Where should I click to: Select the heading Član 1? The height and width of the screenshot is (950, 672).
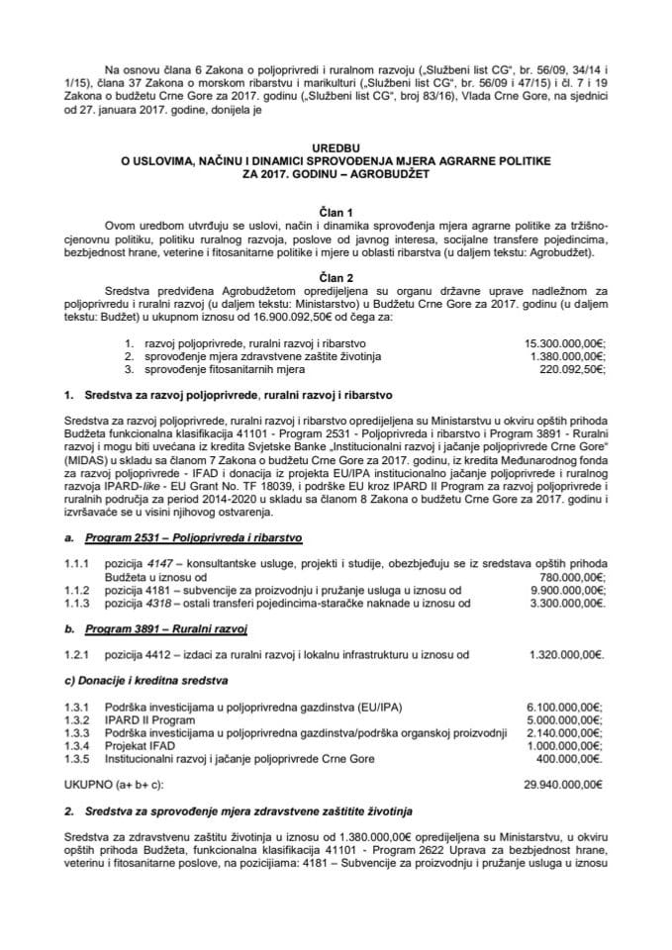(336, 210)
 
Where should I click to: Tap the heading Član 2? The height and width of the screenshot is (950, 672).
(336, 279)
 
